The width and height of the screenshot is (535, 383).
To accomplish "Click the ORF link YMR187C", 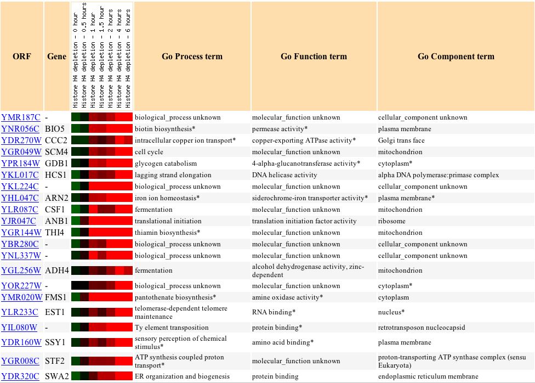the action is [x=20, y=117].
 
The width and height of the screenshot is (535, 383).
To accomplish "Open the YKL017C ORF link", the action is [x=20, y=175].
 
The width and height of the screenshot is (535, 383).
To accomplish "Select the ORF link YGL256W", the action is [x=21, y=271].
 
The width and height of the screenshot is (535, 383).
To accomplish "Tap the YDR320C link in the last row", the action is [x=20, y=376].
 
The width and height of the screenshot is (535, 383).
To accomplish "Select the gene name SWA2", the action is [x=56, y=376].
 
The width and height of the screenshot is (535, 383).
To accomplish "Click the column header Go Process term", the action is [x=192, y=57].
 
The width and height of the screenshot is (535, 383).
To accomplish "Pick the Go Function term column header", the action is [x=314, y=57].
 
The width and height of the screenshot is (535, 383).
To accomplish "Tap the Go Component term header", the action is [x=456, y=57].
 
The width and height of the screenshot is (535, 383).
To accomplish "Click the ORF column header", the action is [x=22, y=57].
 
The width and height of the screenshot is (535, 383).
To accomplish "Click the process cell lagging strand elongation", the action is [x=173, y=175].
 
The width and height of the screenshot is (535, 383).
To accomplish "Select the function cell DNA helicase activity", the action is [x=284, y=175].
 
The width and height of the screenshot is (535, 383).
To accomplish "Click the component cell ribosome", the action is [x=392, y=221].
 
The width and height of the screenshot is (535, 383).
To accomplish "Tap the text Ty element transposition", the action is [x=172, y=328].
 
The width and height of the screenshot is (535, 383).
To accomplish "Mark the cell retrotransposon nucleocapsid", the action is [x=422, y=328].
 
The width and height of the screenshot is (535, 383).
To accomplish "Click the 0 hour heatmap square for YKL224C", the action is [x=76, y=186].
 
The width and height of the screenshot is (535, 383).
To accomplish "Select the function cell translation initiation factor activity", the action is [x=304, y=221].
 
